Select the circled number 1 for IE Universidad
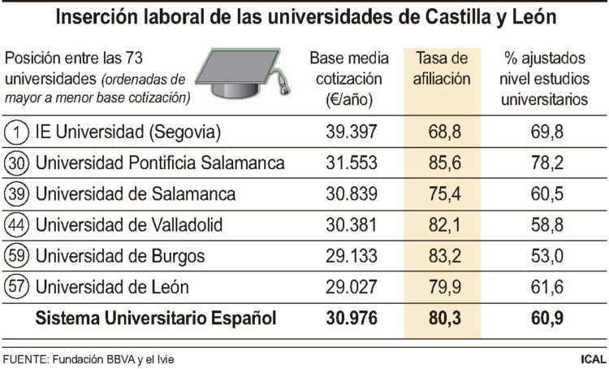[x=16, y=131]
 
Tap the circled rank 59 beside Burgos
[x=16, y=256]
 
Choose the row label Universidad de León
[x=113, y=287]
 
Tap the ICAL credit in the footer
[x=590, y=358]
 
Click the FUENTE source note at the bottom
[x=89, y=358]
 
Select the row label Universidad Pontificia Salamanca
[x=160, y=163]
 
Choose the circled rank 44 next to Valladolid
[x=16, y=225]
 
